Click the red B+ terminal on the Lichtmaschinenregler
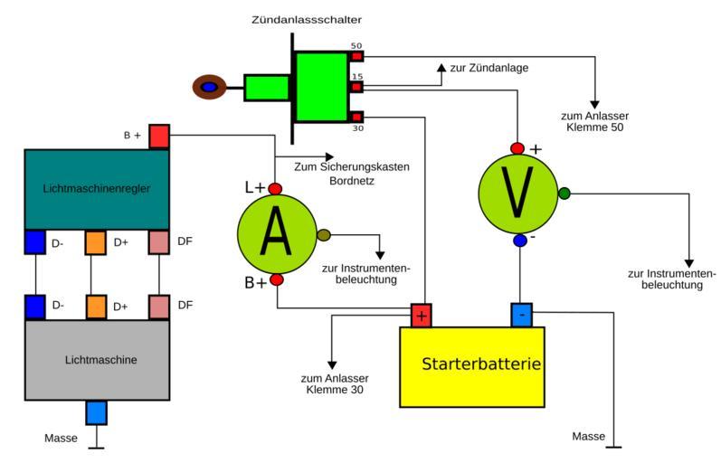[158, 137]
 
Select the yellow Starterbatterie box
[472, 366]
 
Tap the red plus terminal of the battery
[422, 316]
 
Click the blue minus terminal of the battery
[521, 314]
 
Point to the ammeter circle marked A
[276, 233]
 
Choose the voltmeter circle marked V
[517, 193]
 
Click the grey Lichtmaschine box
[97, 359]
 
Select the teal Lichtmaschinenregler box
[97, 189]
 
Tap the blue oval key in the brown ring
[210, 88]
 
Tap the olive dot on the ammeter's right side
[323, 236]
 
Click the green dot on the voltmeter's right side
[564, 193]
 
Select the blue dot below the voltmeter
[519, 241]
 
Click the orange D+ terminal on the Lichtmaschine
[96, 307]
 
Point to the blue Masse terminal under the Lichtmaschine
[97, 412]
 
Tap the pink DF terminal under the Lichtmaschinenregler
[159, 242]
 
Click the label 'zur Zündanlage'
[489, 68]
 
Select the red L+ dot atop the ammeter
[275, 188]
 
